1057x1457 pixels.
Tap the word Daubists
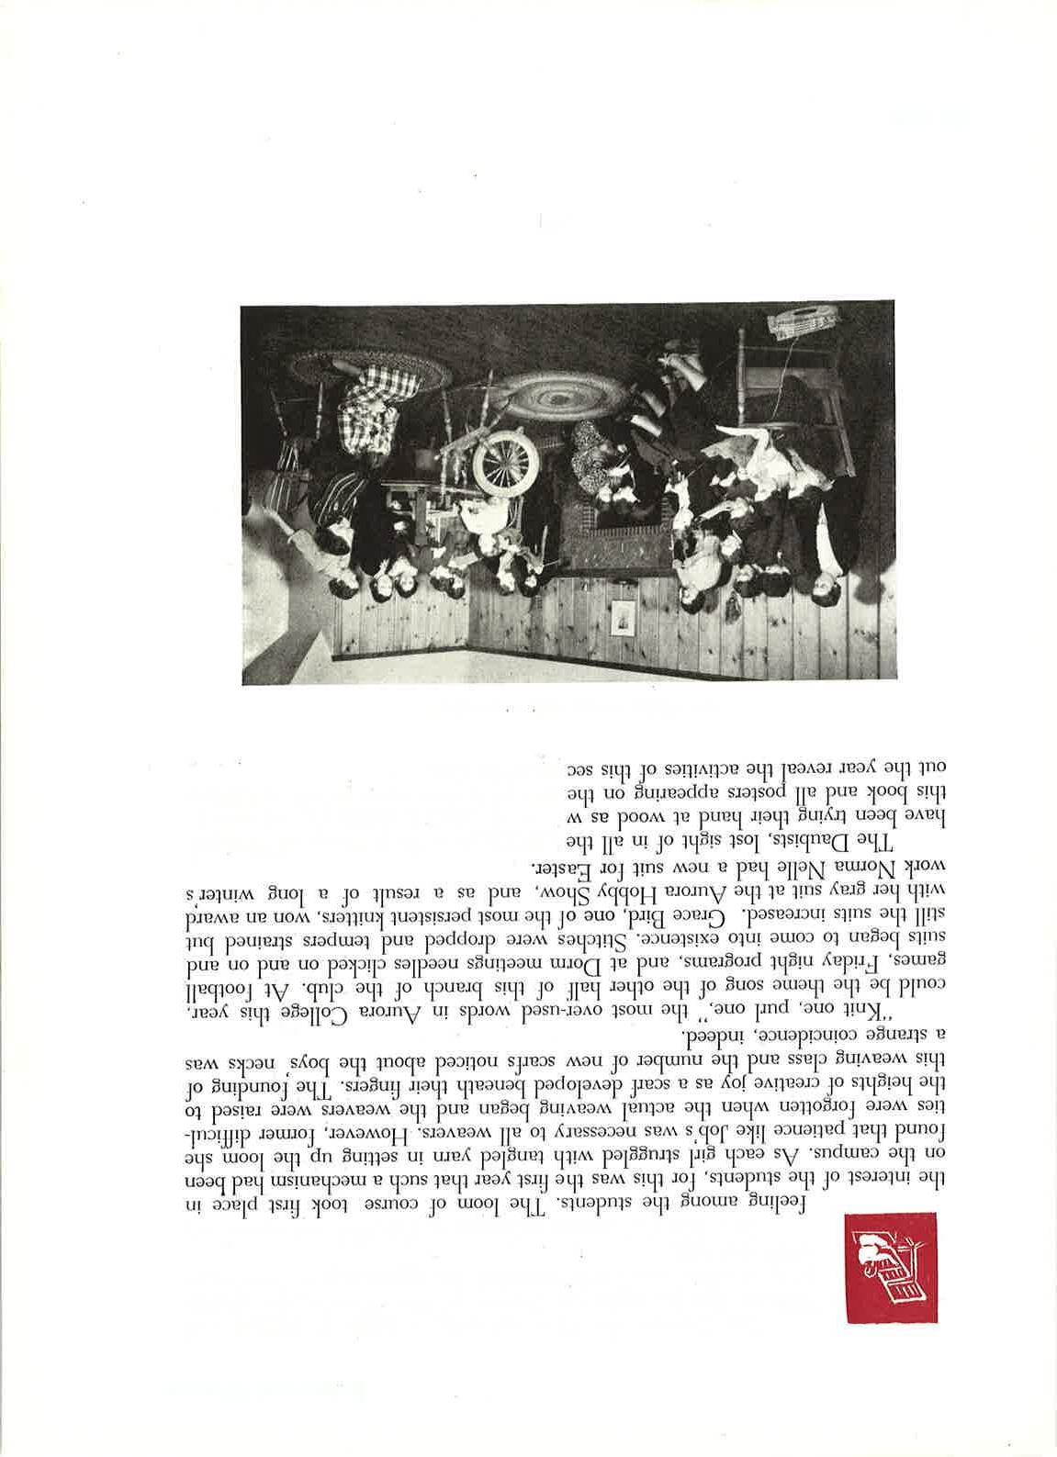(x=790, y=843)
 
